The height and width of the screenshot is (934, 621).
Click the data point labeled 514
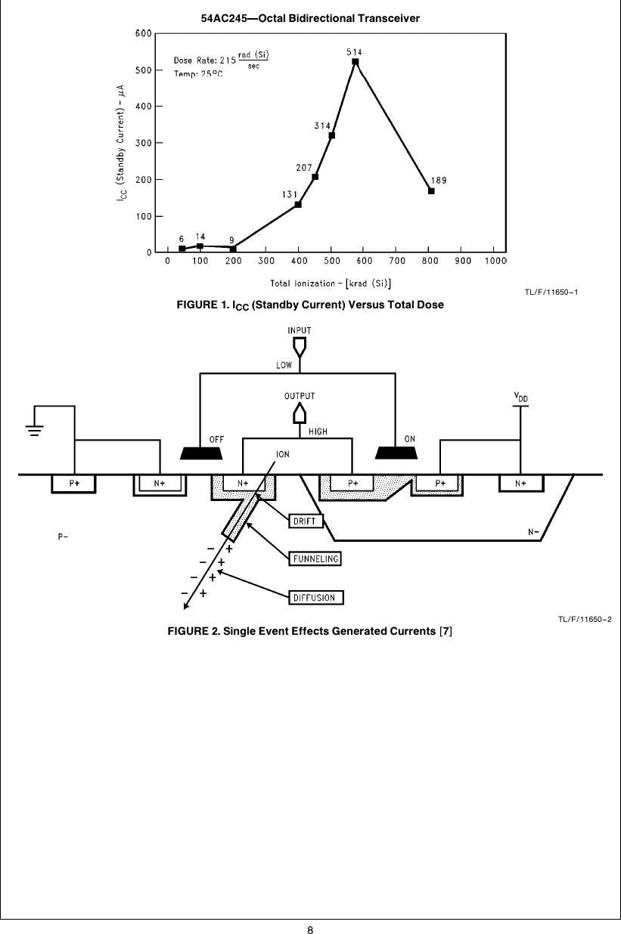[355, 62]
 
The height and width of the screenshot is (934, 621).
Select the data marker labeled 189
[431, 191]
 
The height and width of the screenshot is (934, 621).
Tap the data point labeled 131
[298, 204]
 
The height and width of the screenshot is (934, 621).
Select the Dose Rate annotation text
[220, 59]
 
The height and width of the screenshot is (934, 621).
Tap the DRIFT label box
[306, 520]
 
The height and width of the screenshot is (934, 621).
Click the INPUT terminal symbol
[300, 346]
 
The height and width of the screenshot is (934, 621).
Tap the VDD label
[520, 395]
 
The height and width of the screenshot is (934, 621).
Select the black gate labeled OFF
[201, 452]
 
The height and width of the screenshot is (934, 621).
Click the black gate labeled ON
[397, 452]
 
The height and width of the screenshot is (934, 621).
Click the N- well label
[534, 531]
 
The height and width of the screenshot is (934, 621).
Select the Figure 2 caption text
[309, 631]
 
